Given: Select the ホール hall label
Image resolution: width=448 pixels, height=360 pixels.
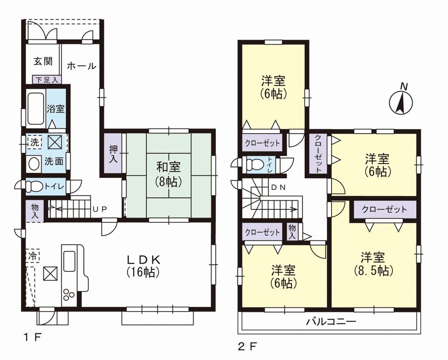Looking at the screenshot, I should click(81, 66).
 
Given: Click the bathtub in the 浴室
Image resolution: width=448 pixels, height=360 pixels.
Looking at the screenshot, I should click(35, 108).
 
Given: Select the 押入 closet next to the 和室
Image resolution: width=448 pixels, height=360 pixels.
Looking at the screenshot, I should click(112, 153).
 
